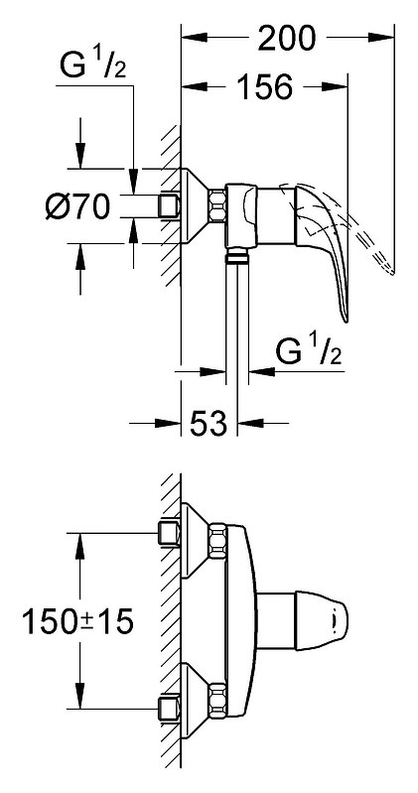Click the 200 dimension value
tap(286, 38)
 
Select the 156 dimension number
tap(265, 87)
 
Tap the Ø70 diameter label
tap(77, 206)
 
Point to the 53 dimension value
tap(209, 423)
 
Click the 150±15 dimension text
tap(77, 621)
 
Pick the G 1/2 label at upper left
tap(92, 66)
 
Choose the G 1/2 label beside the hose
tap(309, 351)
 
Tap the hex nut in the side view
tap(217, 205)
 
